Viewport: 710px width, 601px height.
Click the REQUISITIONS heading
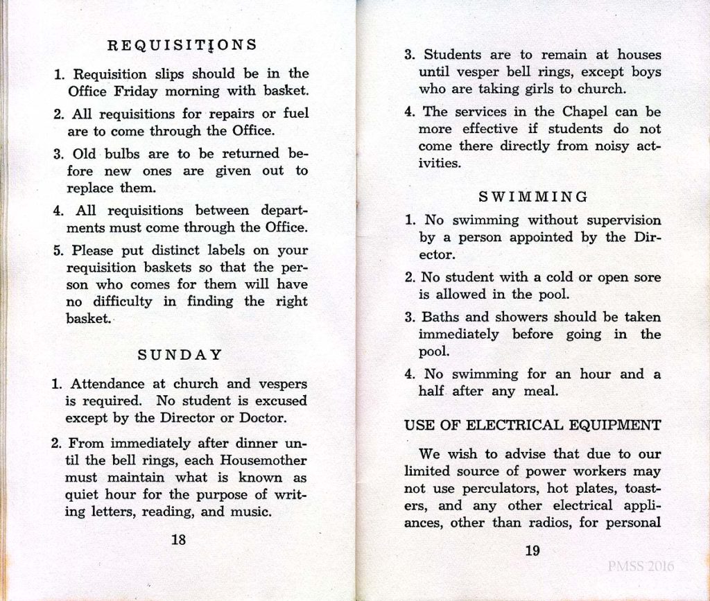click(x=182, y=45)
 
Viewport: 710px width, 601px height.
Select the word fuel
click(x=293, y=113)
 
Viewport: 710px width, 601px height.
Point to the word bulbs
click(x=124, y=153)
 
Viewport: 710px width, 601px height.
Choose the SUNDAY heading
click(x=180, y=355)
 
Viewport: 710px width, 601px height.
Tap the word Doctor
click(x=263, y=418)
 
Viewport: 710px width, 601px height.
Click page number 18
click(x=179, y=539)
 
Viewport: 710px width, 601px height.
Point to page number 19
click(x=532, y=551)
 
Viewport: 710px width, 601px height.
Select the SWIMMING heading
click(x=533, y=197)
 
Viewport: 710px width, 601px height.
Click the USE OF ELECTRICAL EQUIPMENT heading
click(x=532, y=425)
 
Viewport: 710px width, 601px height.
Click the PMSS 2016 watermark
click(x=640, y=566)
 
